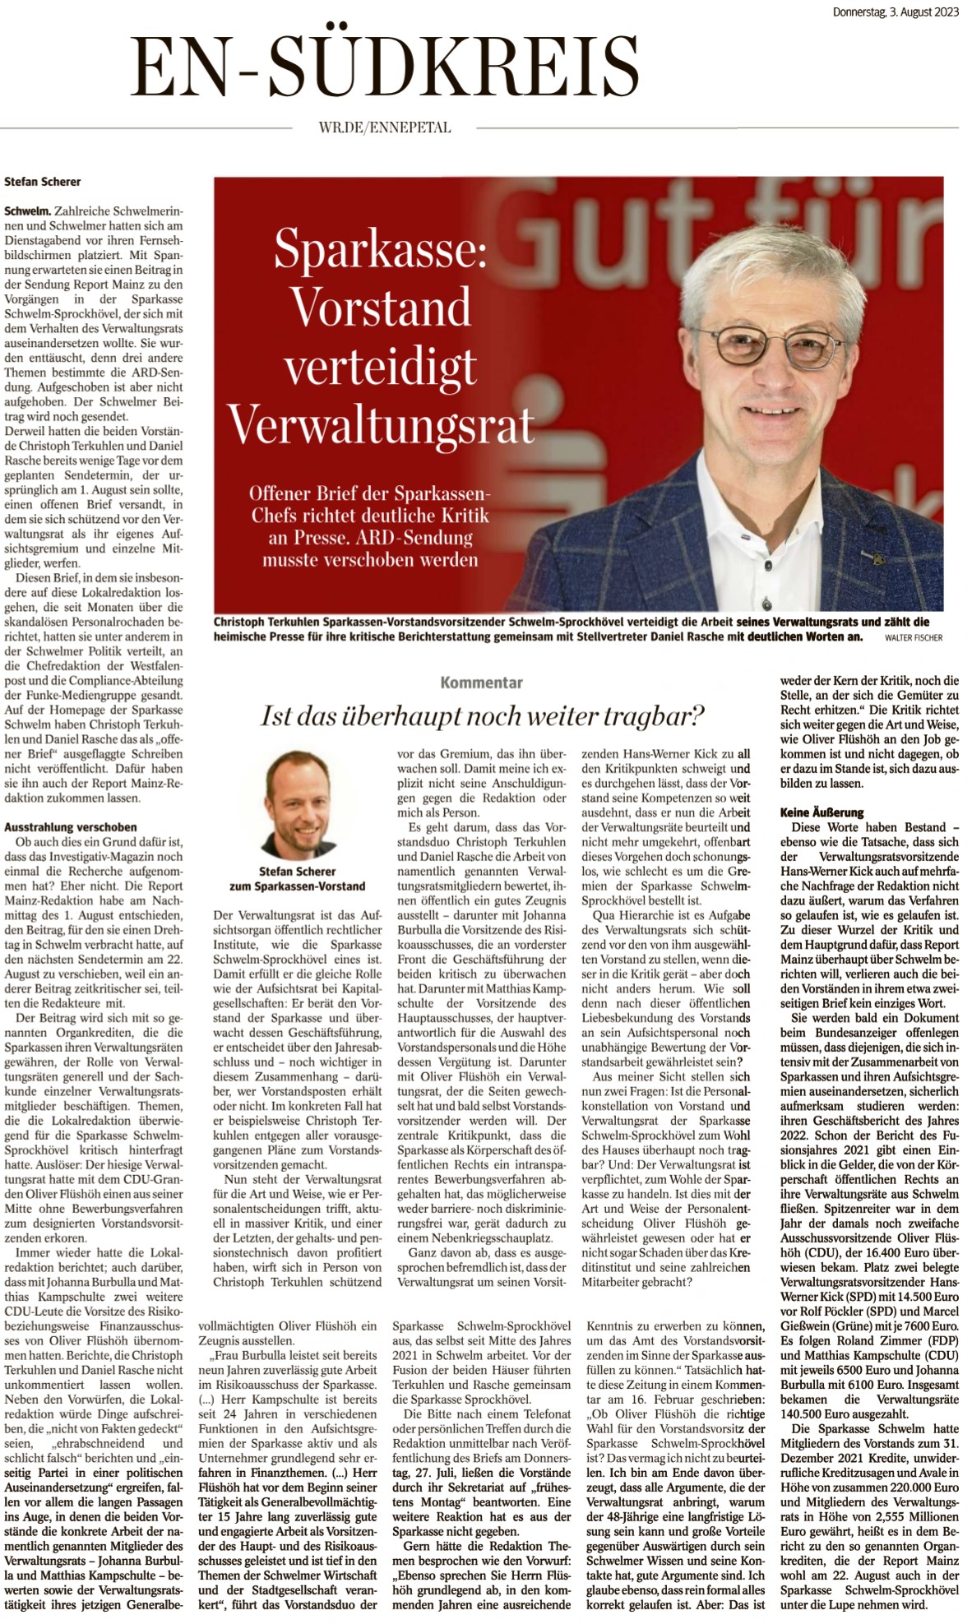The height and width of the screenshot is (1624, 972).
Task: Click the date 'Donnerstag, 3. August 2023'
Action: click(x=896, y=12)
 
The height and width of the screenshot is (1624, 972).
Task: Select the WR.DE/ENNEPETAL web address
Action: click(x=384, y=127)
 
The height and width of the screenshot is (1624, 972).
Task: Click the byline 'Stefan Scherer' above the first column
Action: click(x=43, y=182)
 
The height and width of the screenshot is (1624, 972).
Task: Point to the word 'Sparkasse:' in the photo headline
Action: click(x=381, y=248)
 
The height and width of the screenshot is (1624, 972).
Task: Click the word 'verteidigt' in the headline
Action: click(x=381, y=367)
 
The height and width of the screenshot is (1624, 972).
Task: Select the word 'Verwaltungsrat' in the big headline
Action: click(x=381, y=425)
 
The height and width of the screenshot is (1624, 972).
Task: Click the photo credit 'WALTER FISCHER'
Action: click(x=913, y=637)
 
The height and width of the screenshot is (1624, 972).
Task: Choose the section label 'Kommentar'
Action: click(x=481, y=682)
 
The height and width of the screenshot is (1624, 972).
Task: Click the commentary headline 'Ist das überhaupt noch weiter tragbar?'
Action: click(x=483, y=716)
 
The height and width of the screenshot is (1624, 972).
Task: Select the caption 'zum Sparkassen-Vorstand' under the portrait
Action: click(x=297, y=886)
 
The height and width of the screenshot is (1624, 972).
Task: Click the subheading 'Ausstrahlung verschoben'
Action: click(x=71, y=827)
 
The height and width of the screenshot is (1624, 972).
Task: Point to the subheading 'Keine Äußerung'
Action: click(x=822, y=812)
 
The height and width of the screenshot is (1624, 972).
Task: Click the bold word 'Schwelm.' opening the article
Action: click(x=27, y=211)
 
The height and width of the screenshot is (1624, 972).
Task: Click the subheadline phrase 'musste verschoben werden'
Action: click(x=370, y=560)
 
